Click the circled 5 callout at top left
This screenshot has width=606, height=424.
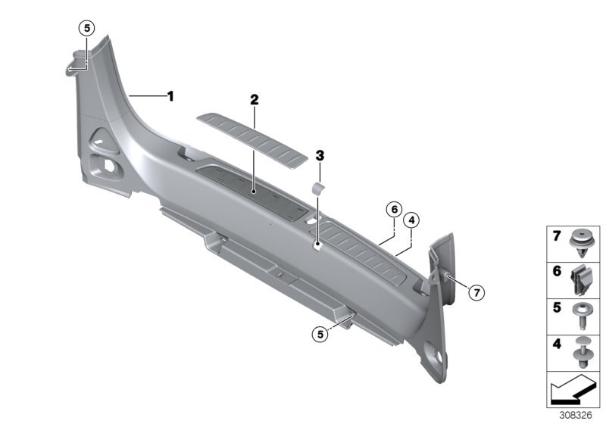[86, 28]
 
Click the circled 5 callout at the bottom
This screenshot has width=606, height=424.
[320, 334]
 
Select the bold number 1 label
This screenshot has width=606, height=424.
[170, 95]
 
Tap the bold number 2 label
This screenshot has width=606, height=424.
[254, 100]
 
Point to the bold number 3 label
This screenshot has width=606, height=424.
[320, 156]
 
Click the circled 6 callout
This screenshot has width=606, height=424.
[394, 210]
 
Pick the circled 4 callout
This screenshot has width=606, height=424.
[411, 220]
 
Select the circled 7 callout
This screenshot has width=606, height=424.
[476, 293]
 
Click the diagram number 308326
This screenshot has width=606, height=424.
[576, 416]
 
